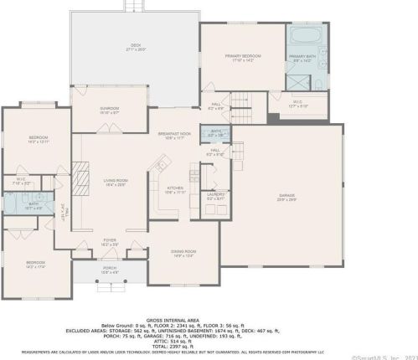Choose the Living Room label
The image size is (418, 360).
pos(115,182)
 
